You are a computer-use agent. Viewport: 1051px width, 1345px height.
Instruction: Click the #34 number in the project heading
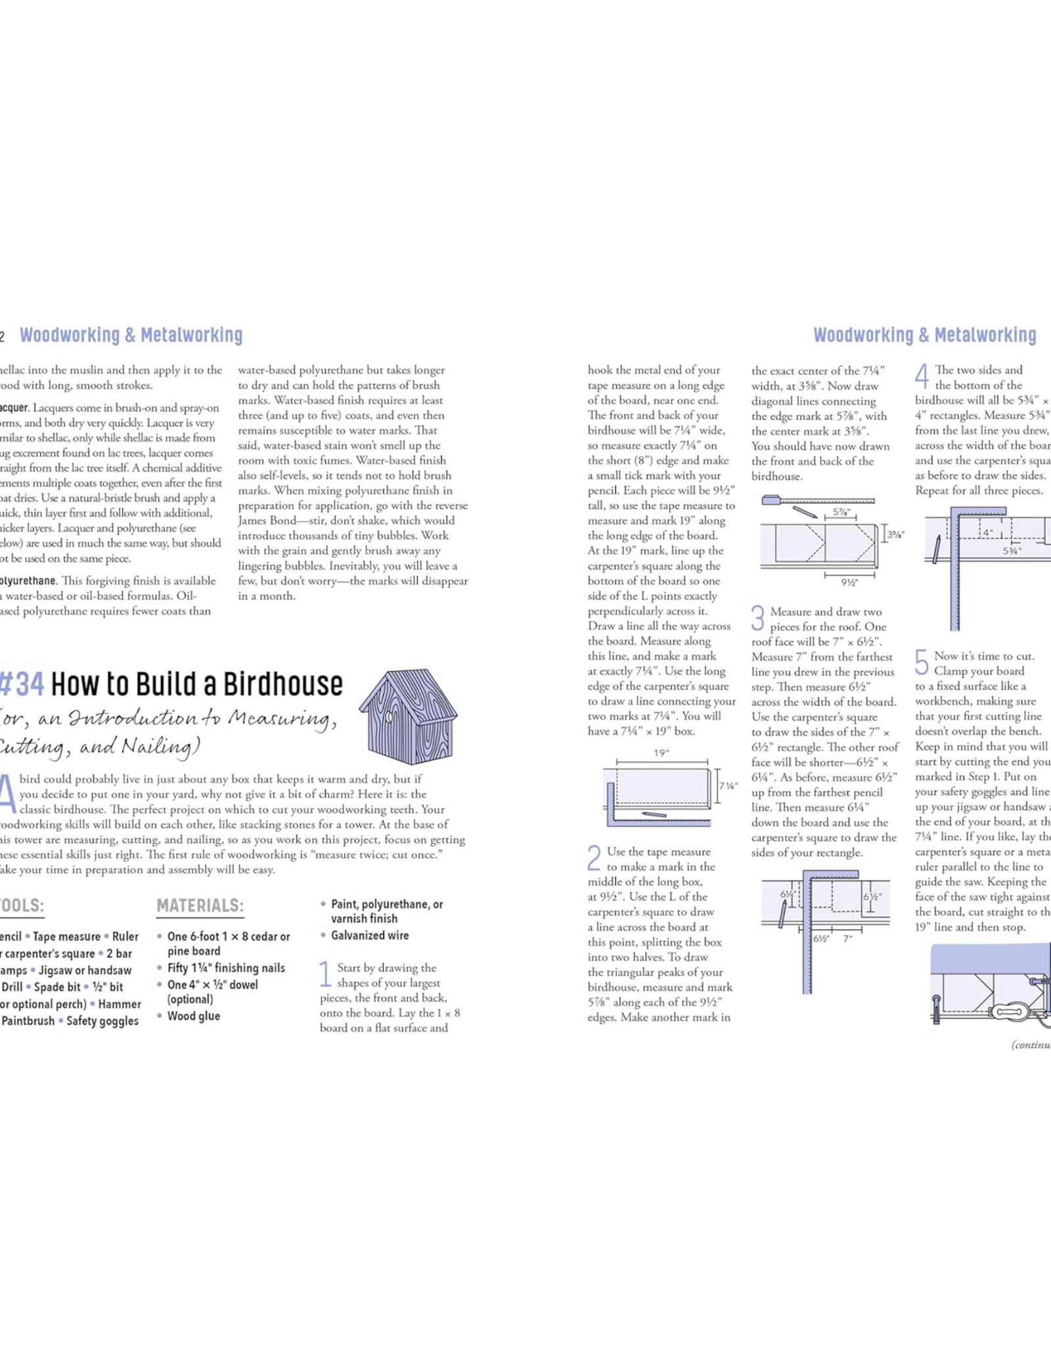point(22,685)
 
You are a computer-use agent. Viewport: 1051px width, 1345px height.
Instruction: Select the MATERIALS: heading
point(200,906)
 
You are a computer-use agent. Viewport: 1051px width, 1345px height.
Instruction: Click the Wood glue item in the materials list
point(193,1016)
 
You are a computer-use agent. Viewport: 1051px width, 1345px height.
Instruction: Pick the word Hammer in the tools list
point(120,1003)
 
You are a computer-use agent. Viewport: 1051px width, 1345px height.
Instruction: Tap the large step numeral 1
point(325,974)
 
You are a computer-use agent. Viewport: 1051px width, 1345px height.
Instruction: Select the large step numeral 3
point(757,618)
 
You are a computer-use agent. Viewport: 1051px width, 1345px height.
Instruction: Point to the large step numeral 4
point(922,376)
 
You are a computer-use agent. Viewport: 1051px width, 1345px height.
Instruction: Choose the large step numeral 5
point(922,662)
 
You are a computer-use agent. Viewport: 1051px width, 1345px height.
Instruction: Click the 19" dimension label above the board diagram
point(661,753)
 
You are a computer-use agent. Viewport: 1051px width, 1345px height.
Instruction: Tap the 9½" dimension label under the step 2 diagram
point(849,582)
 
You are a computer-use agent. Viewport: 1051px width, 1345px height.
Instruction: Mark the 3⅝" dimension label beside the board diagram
point(895,535)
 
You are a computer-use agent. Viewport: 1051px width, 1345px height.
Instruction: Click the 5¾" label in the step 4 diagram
point(1012,551)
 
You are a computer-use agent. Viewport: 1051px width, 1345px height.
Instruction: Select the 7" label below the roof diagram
point(848,938)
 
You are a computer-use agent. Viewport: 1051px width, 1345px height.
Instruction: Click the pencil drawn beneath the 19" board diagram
point(654,814)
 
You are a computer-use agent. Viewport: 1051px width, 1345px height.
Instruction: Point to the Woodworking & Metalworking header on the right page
point(924,335)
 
